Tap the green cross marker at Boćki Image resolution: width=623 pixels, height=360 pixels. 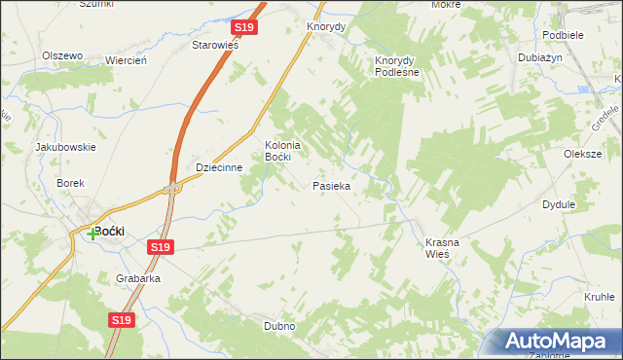(x=93, y=233)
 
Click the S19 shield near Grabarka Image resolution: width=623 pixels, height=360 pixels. (x=161, y=248)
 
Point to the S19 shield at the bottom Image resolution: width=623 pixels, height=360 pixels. (x=121, y=319)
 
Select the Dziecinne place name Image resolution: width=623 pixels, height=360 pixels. (x=218, y=166)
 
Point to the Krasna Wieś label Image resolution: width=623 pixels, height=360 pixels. (x=436, y=247)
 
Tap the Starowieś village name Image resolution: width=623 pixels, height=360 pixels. (x=215, y=45)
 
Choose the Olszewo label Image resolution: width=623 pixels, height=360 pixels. (x=62, y=55)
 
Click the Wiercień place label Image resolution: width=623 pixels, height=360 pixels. (x=126, y=60)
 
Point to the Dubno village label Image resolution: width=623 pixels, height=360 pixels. (x=278, y=326)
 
